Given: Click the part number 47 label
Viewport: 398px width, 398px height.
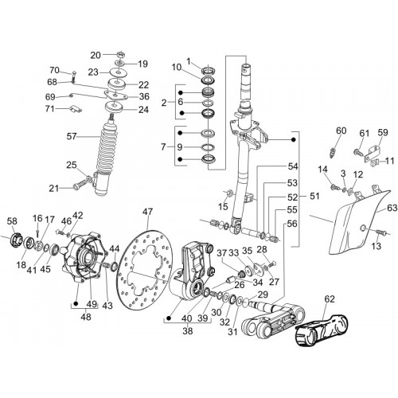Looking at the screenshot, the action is coord(147,212).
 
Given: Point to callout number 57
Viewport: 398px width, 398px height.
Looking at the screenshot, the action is coord(72,137).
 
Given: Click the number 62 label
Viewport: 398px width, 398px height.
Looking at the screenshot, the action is coord(330,299).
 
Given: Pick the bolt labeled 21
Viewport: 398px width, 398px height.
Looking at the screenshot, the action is coord(80,184).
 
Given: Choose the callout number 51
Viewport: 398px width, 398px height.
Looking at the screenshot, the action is coord(314,196).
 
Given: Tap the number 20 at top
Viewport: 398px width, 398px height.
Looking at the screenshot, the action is coord(96,55).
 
